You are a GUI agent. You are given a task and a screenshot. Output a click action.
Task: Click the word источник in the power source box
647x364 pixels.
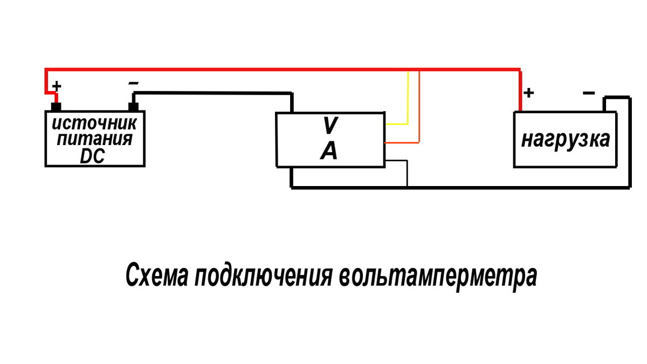[x=94, y=123]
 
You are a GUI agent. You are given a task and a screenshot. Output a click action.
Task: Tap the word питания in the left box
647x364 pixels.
[x=94, y=139]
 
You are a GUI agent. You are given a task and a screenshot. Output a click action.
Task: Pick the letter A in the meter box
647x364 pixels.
[x=329, y=152]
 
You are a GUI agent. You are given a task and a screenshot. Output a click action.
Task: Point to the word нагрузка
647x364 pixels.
[x=566, y=139]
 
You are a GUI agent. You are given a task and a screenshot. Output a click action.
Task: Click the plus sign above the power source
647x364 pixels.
[x=56, y=86]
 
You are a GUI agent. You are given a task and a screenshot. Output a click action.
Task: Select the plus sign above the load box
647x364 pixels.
[x=529, y=93]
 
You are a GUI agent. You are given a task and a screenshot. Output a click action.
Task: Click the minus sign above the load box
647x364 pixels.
[x=589, y=93]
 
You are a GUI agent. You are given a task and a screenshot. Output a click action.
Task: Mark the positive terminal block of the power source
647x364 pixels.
[x=56, y=106]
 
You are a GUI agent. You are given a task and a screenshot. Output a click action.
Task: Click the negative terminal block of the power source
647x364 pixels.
[x=133, y=106]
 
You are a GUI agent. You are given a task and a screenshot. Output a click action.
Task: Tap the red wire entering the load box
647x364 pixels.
[x=520, y=92]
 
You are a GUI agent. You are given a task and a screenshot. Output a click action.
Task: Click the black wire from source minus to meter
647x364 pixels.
[x=216, y=93]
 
